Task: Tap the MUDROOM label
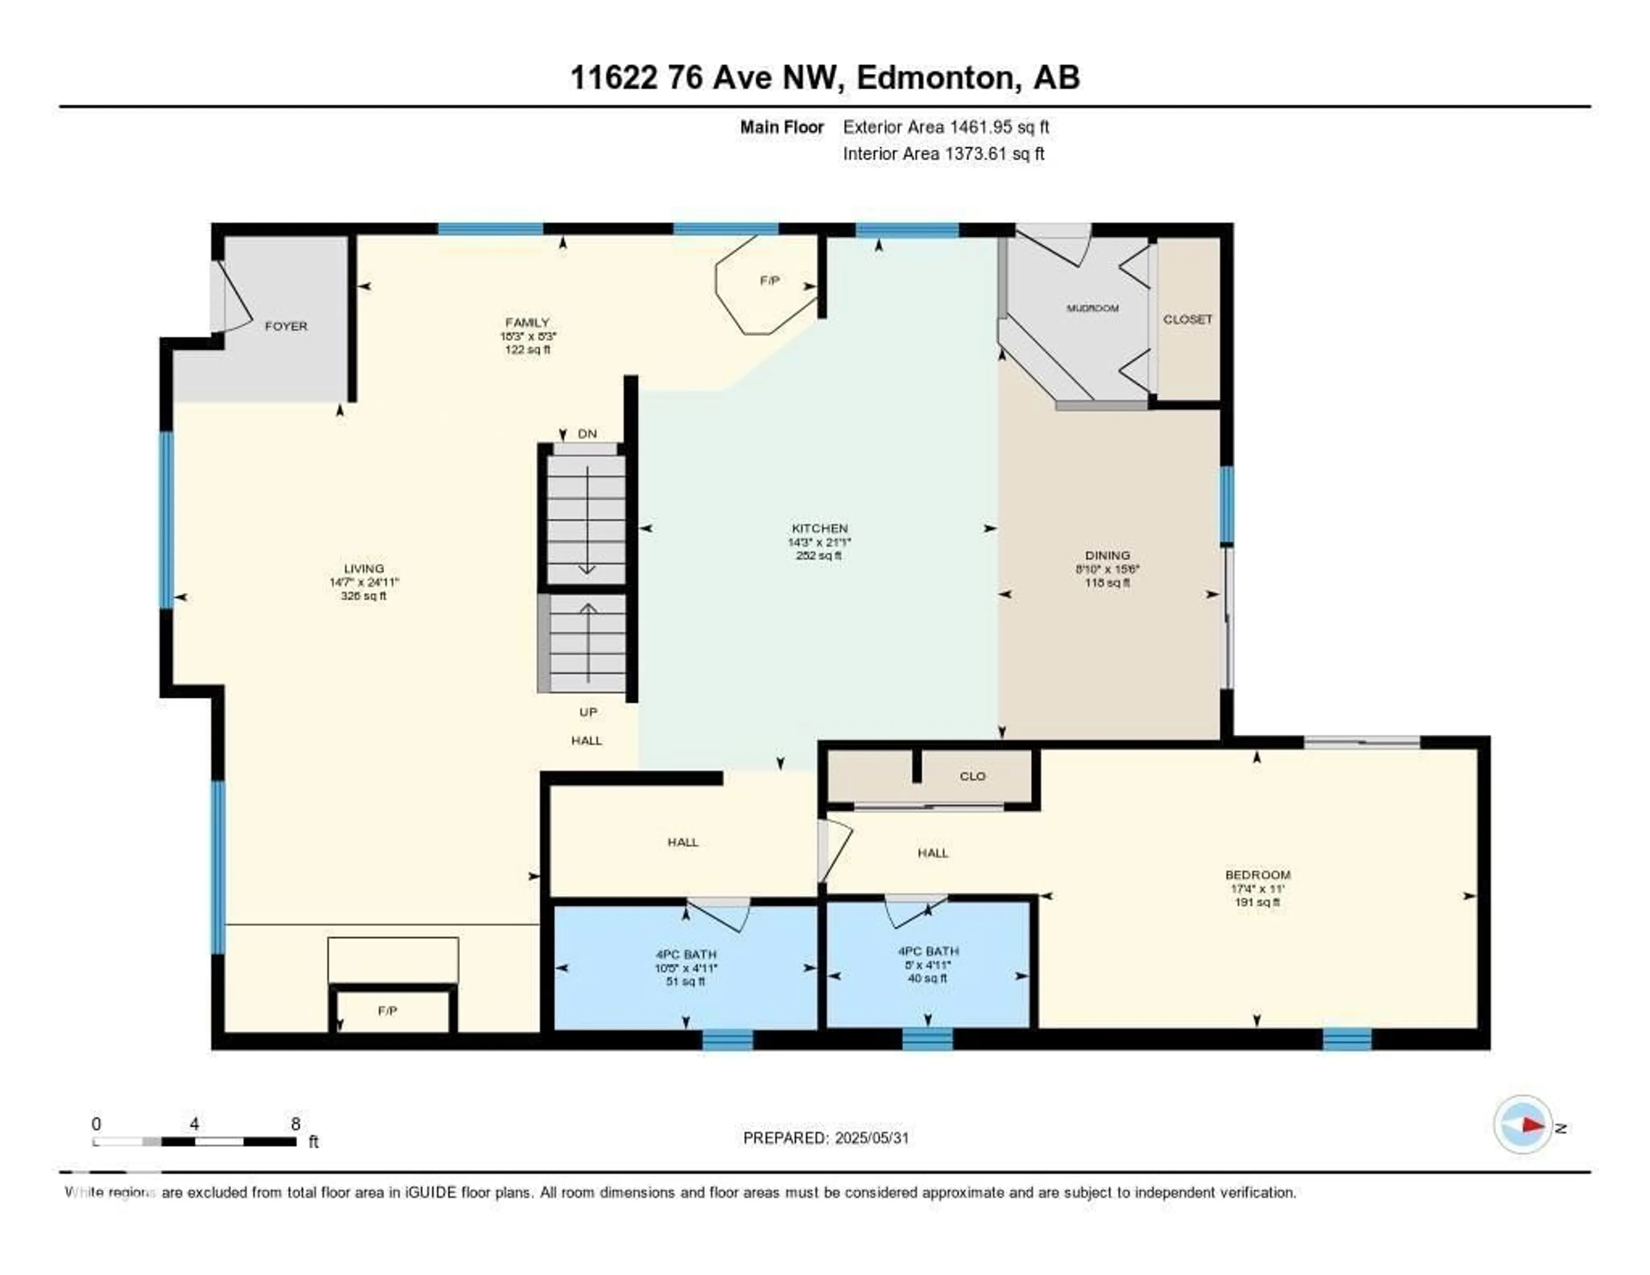coord(1092,308)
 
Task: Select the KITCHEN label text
coord(820,528)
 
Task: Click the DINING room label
coord(1108,555)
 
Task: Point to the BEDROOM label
coord(1258,875)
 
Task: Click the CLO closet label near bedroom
coord(972,776)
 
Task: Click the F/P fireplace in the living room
coord(388,1011)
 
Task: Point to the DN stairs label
coord(587,434)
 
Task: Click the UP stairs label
coord(588,712)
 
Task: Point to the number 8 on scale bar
coord(295,1124)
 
